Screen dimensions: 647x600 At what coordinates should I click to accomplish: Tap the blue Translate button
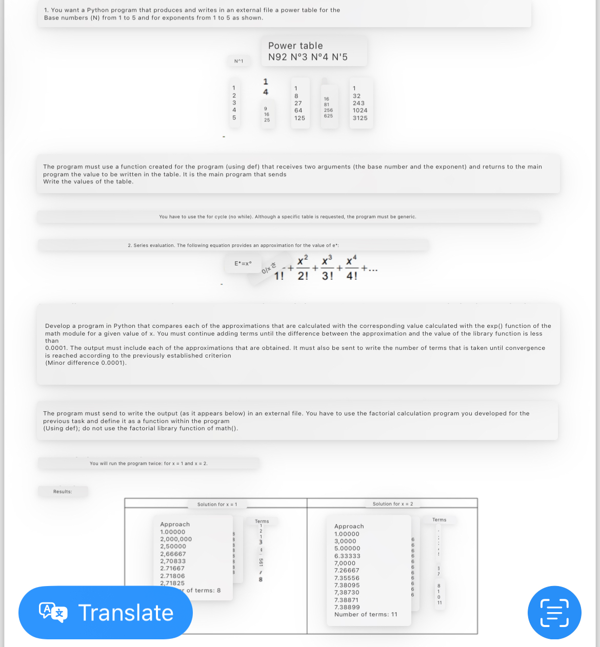click(106, 613)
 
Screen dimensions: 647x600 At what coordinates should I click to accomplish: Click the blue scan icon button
click(554, 613)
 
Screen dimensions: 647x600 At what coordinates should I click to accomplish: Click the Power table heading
click(295, 46)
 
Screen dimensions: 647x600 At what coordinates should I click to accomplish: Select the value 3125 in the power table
click(360, 118)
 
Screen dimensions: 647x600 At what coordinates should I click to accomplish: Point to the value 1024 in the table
click(360, 110)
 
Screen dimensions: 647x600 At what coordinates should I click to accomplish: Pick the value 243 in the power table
click(358, 103)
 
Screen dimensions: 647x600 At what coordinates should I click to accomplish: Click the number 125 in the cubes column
click(299, 118)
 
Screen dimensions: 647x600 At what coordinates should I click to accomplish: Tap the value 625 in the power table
click(328, 116)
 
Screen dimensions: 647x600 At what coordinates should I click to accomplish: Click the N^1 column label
click(238, 61)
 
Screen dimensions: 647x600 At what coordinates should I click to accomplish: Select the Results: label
click(63, 491)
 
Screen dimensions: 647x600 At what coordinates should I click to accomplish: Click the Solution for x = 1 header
click(217, 505)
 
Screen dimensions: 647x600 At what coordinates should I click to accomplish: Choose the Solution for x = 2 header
click(392, 504)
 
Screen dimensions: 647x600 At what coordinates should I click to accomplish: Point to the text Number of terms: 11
click(366, 614)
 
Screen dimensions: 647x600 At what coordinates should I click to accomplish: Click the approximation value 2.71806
click(172, 576)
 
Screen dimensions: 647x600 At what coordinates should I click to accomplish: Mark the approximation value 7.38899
click(347, 607)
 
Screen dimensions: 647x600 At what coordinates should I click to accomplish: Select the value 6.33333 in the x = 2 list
click(347, 556)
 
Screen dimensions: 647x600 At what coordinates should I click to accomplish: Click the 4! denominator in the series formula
click(352, 276)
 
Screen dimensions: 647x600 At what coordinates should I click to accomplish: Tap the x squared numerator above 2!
click(303, 260)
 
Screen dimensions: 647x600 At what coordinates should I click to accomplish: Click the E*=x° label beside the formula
click(243, 263)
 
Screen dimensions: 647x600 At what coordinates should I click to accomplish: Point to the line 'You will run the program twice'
click(148, 464)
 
